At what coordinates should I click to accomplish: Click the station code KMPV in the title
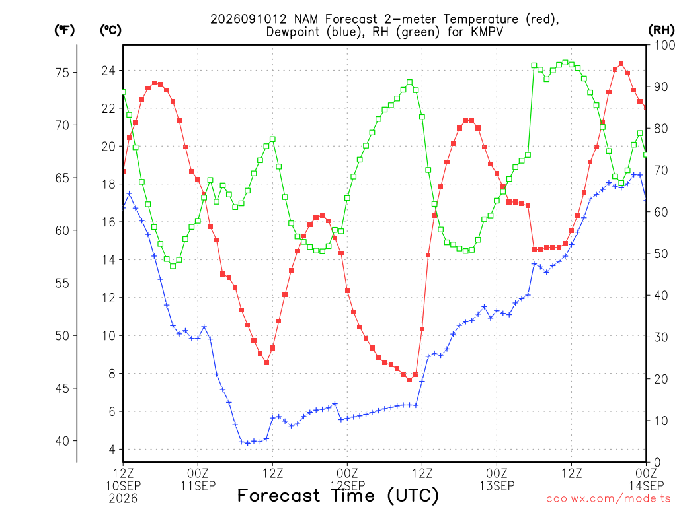(487, 32)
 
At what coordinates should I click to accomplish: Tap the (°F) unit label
(64, 30)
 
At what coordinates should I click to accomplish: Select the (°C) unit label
(110, 30)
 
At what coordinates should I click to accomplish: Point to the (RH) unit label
(660, 30)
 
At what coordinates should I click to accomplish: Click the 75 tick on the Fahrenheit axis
(62, 73)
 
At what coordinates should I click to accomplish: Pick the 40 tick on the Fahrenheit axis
(62, 441)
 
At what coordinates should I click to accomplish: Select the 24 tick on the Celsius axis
(108, 70)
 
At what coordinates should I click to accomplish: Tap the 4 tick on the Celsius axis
(112, 449)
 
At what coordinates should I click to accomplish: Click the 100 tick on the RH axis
(664, 45)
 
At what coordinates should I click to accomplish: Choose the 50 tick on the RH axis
(661, 253)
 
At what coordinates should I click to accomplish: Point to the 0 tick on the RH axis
(657, 463)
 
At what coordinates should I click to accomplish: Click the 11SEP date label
(198, 486)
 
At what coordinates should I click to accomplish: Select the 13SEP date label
(497, 486)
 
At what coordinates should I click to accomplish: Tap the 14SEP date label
(646, 486)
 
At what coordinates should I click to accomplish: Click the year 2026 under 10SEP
(123, 499)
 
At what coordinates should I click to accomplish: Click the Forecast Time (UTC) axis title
(338, 496)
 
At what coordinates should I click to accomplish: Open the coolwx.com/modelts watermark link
(608, 499)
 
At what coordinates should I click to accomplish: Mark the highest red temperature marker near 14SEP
(621, 64)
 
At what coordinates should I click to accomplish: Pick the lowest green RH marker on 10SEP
(173, 266)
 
